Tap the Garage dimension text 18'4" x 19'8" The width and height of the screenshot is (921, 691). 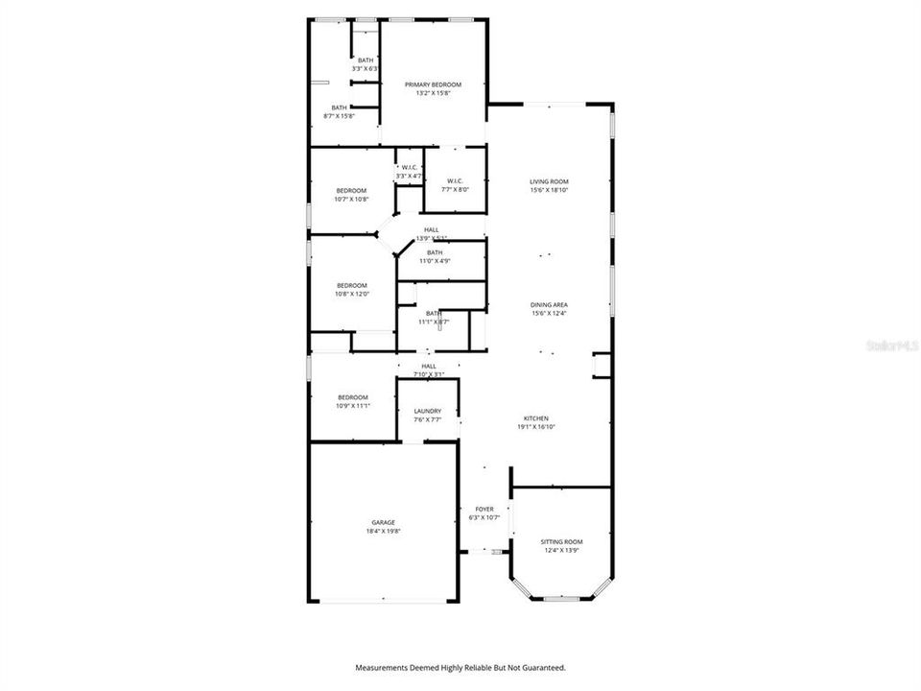point(384,531)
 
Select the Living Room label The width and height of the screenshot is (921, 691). point(550,181)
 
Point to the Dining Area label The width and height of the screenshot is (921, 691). point(550,304)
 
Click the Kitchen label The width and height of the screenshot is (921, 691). point(535,418)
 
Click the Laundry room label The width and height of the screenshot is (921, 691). point(428,411)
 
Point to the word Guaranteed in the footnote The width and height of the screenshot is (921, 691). point(540,667)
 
